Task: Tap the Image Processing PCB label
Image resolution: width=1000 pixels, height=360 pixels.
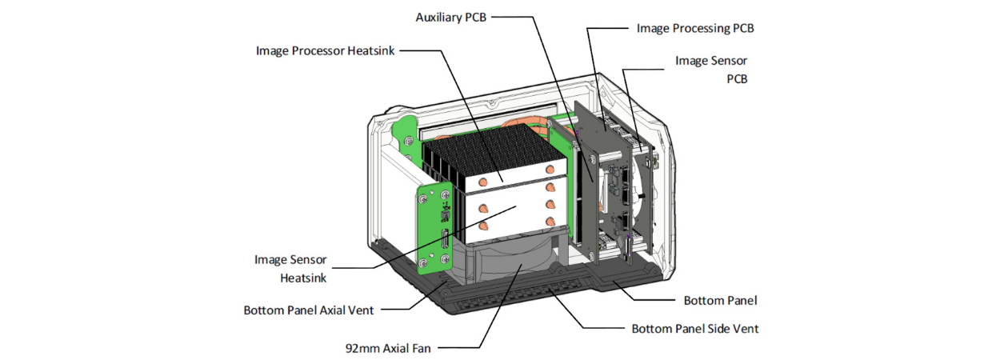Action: point(695,28)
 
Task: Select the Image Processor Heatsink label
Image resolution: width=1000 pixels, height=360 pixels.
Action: point(326,50)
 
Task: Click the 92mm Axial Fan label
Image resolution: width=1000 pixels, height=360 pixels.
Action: point(387,348)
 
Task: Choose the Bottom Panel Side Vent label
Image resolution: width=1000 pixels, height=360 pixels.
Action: point(695,328)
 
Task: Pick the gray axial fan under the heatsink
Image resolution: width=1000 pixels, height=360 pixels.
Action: point(512,264)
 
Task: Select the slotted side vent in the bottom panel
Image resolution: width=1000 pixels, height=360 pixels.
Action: point(512,304)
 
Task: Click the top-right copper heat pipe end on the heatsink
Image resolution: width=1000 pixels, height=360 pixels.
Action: point(550,170)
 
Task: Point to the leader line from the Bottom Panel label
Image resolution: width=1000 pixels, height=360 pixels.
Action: point(648,300)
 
